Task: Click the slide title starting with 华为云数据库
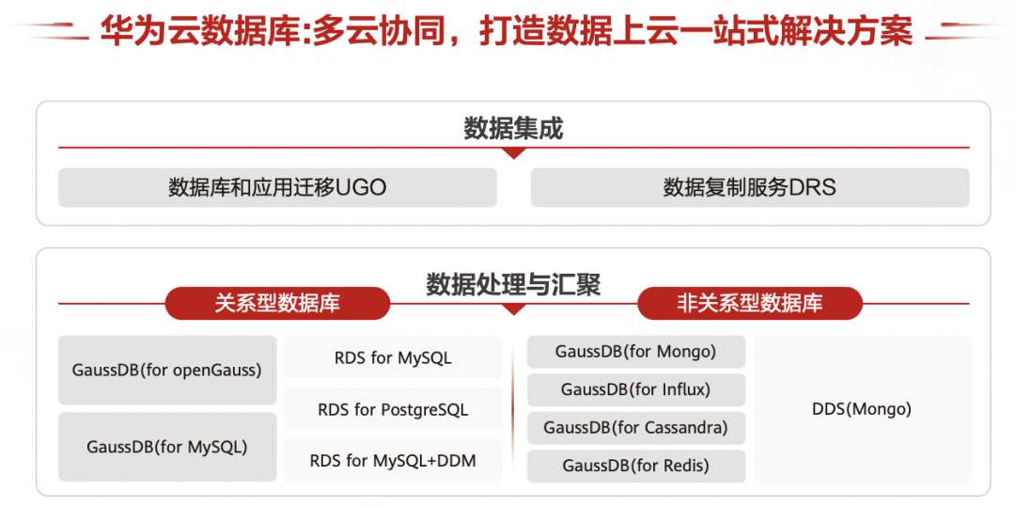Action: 507,30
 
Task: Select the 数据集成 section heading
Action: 513,129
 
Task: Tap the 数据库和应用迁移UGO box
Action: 277,188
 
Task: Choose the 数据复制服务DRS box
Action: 750,188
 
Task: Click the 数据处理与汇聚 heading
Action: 513,284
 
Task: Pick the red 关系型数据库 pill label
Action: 277,303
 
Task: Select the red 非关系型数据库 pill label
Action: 750,303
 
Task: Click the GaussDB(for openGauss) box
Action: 167,371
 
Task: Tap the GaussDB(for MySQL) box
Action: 167,447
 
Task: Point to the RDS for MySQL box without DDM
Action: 393,357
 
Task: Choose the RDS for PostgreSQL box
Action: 393,409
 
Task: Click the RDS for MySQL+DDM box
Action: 393,460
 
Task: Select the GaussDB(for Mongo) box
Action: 636,352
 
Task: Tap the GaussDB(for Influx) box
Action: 636,389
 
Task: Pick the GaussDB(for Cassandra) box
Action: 636,428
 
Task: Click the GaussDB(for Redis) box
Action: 636,467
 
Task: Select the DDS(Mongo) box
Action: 862,409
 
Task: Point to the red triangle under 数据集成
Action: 513,152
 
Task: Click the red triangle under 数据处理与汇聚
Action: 513,309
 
